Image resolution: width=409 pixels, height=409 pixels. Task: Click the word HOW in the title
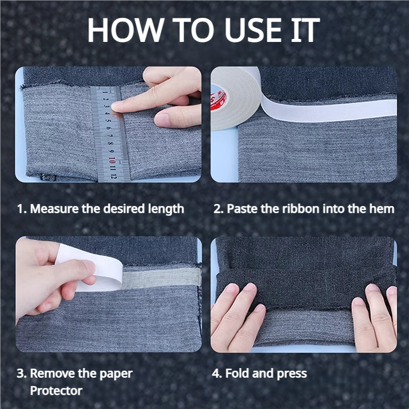point(126,30)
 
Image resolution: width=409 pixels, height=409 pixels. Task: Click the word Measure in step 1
point(54,209)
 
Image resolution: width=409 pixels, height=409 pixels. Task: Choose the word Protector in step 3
point(56,391)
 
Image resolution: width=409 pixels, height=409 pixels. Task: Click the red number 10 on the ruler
point(112,160)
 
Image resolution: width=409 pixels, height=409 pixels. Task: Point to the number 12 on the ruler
point(112,176)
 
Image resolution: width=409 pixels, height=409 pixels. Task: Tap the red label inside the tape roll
point(218,100)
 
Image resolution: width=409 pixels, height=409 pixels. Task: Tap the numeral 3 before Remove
point(21,373)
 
